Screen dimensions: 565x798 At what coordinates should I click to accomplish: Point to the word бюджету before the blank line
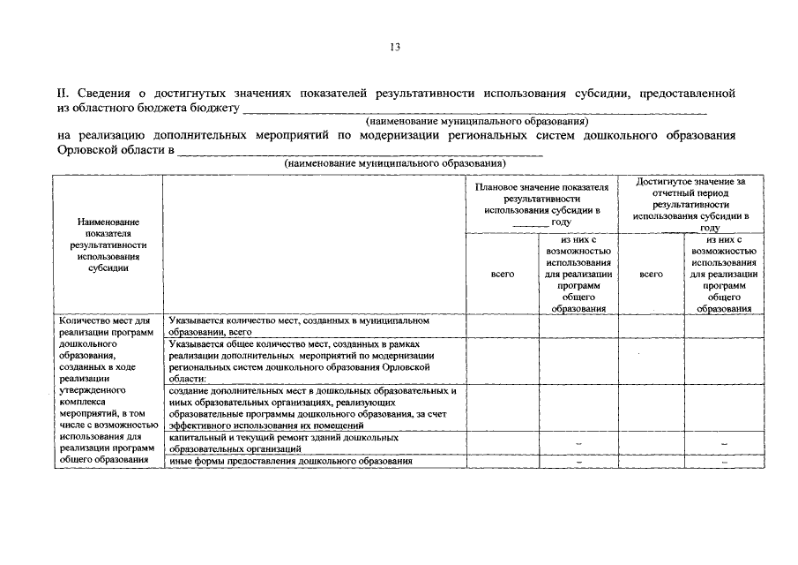(213, 107)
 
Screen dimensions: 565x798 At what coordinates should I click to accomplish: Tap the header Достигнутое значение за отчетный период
(690, 204)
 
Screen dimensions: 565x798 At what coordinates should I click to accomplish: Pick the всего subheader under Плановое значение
(502, 274)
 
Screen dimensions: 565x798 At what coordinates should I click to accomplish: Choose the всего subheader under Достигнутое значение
(651, 274)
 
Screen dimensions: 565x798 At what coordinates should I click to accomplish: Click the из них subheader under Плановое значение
(578, 274)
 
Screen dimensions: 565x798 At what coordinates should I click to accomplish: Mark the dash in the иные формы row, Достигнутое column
(723, 462)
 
